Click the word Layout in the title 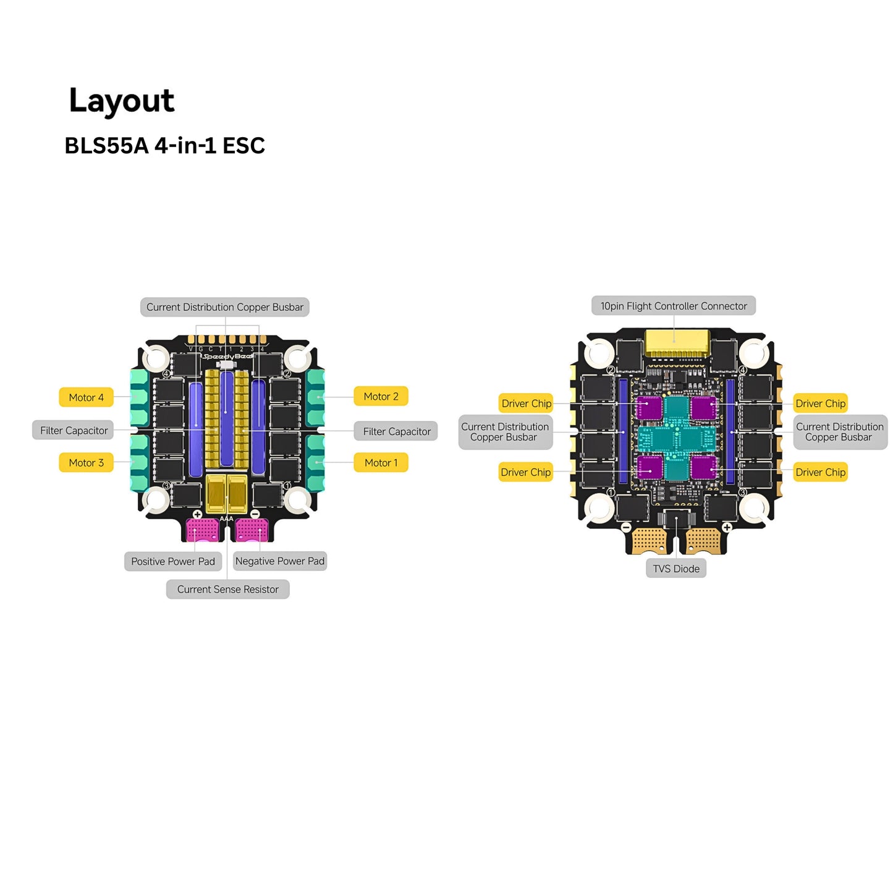coord(122,101)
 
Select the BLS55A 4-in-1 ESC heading coord(164,146)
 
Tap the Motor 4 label coord(86,397)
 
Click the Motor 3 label coord(86,463)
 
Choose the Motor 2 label coord(381,397)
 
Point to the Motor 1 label coord(381,463)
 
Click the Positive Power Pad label coord(172,562)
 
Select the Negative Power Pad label coord(279,561)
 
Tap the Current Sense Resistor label coord(227,590)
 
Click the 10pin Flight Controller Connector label coord(674,306)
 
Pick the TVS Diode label coord(676,569)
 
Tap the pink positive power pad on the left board coord(202,530)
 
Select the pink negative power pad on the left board coord(252,530)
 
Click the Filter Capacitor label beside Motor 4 coord(74,431)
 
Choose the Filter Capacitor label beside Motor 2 coord(396,431)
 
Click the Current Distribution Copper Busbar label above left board coord(224,307)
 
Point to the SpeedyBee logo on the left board coord(227,357)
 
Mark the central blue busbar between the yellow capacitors coord(227,419)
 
